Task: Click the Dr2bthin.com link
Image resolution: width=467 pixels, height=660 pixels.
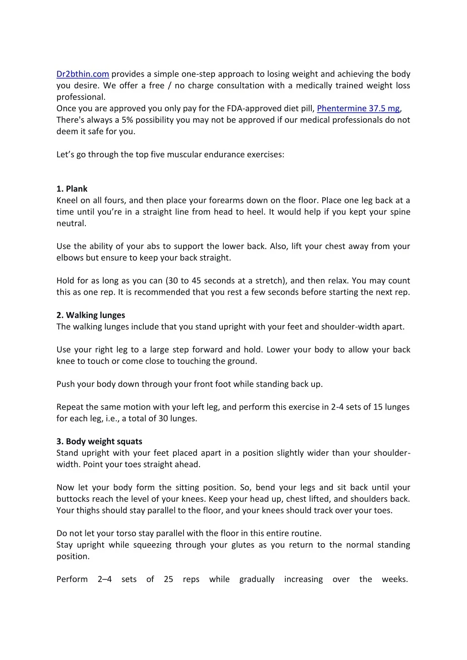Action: pos(83,74)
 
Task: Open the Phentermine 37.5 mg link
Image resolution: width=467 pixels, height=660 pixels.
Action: pos(358,108)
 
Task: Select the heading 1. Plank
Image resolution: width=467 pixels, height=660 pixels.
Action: pos(72,189)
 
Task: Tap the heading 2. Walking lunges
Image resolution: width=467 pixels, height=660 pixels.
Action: pos(90,315)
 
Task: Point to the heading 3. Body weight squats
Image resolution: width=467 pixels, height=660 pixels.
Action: pos(99,442)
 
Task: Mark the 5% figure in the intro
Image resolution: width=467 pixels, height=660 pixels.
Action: pos(127,120)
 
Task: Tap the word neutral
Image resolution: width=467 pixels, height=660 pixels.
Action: pos(71,223)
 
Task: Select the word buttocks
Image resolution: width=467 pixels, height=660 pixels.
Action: pos(73,499)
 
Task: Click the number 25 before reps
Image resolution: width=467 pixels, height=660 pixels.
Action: pos(168,579)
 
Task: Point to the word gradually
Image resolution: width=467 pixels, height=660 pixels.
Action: pos(257,579)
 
